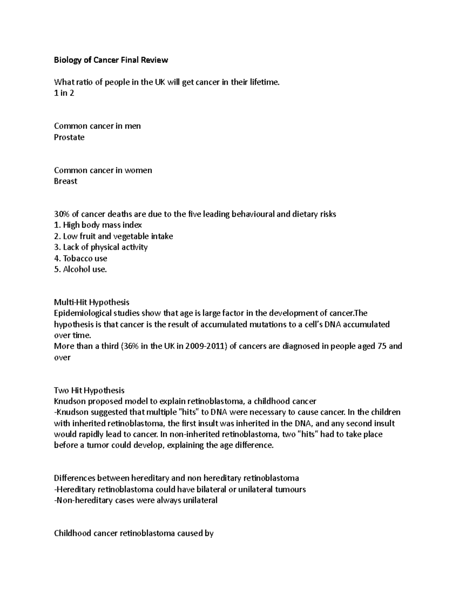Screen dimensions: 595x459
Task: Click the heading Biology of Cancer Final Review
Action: click(111, 60)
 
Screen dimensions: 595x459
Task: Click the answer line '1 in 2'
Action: click(64, 93)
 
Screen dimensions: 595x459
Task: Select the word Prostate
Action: click(69, 137)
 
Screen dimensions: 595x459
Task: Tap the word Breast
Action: click(66, 181)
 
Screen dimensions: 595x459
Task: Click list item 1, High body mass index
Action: click(98, 225)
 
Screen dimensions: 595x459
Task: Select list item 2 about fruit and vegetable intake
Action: click(114, 236)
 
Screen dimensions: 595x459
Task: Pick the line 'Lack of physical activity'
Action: click(101, 247)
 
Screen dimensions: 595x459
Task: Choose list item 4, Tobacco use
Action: click(81, 258)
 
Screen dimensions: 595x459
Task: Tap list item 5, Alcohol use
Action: click(80, 269)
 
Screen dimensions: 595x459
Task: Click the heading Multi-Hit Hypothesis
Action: click(92, 302)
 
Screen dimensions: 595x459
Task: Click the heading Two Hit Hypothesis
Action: click(89, 390)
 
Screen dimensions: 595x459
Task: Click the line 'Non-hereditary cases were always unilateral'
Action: click(136, 500)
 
